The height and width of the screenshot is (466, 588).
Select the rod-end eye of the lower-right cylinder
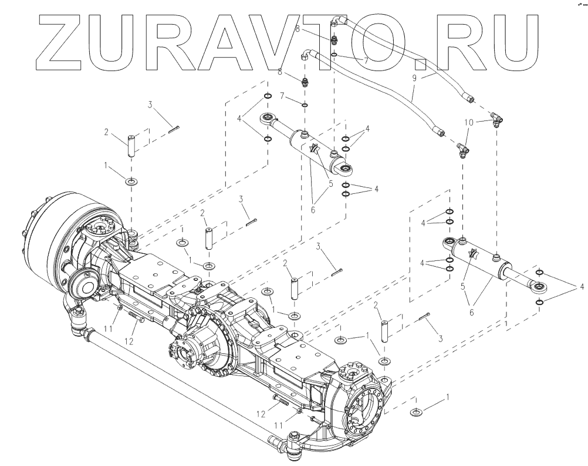(x=539, y=287)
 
